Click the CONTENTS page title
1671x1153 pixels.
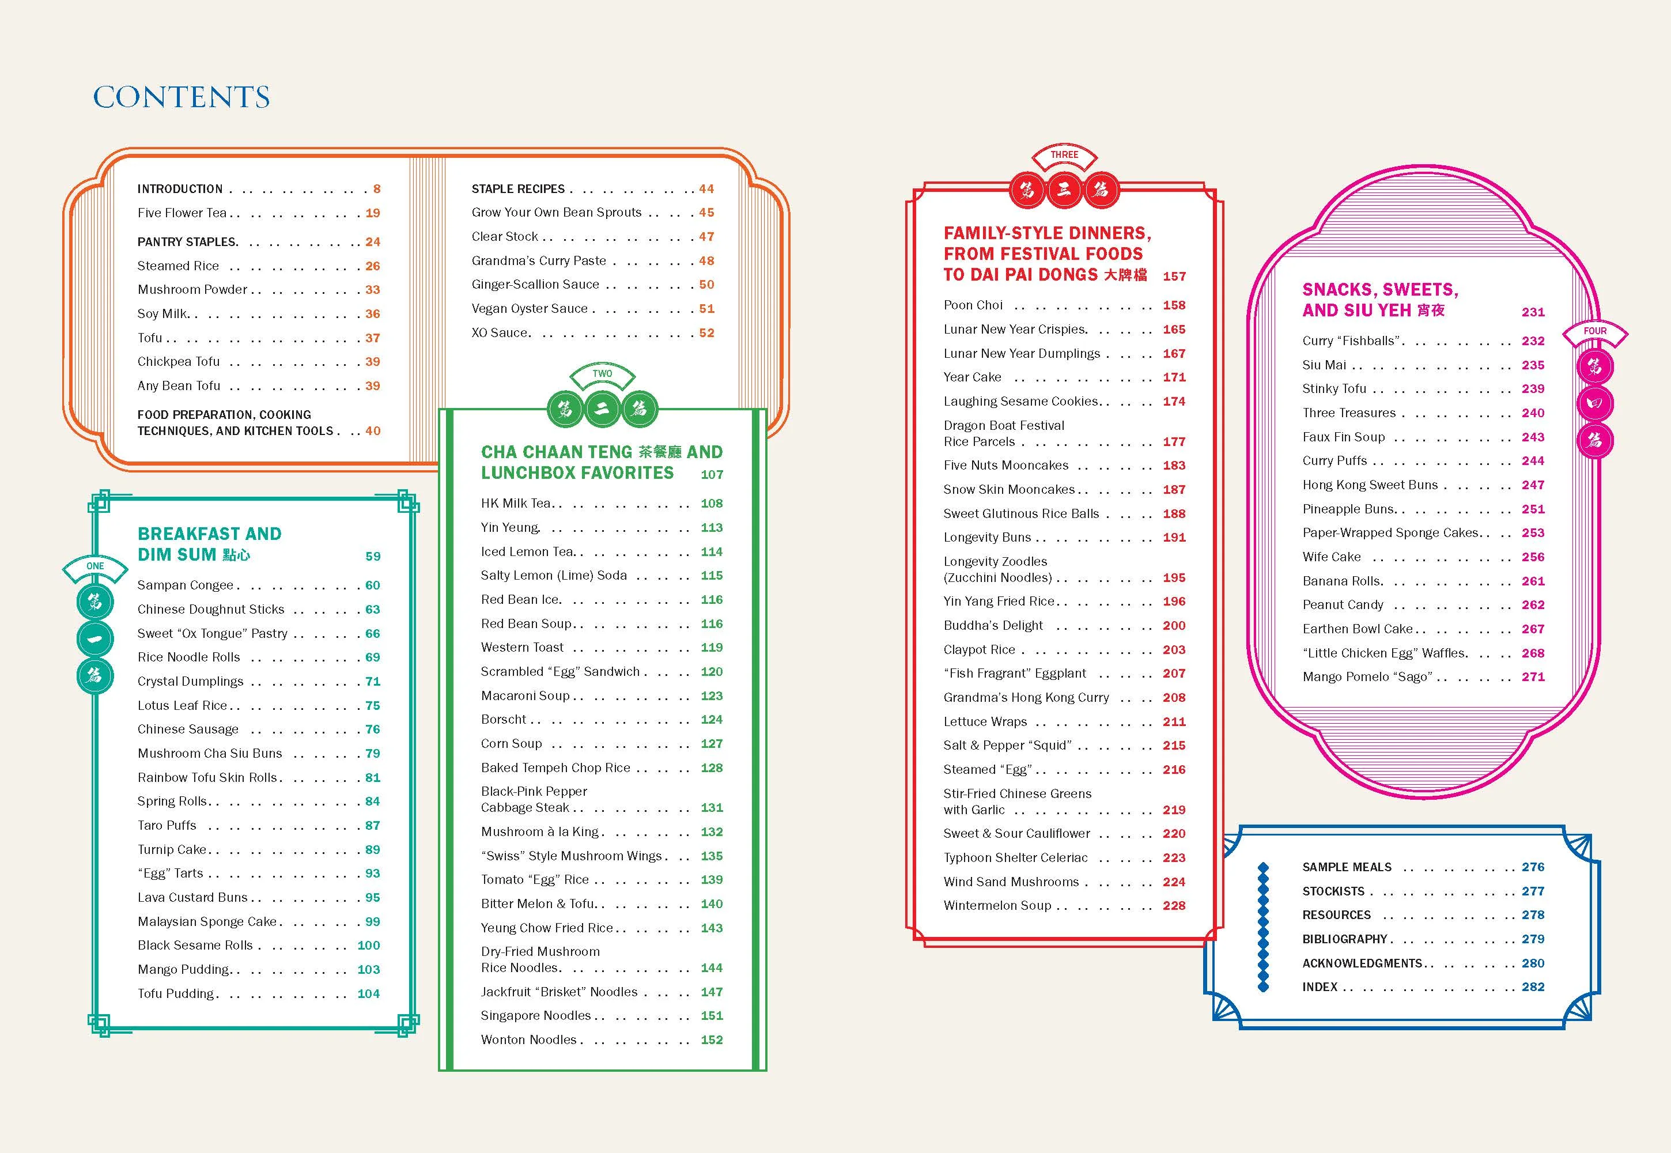coord(182,97)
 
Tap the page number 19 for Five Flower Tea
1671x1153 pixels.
coord(373,213)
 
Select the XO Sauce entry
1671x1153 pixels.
coord(500,333)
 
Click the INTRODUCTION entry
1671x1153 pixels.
coord(180,189)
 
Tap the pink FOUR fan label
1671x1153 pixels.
coord(1594,331)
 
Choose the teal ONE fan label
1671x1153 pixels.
coord(94,566)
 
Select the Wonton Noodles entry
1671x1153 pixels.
coord(529,1039)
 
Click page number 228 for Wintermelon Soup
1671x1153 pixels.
coord(1174,906)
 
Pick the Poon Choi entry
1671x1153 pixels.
coord(973,305)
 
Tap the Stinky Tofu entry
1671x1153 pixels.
coord(1334,389)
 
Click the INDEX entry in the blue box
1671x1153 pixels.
coord(1320,987)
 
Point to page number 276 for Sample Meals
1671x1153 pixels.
coord(1532,867)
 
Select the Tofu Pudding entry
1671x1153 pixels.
coord(176,994)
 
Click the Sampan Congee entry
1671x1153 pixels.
coord(186,585)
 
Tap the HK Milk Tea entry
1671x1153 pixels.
coord(516,504)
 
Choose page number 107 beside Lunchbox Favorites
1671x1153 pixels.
coord(712,475)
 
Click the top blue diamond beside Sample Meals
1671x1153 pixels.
coord(1263,868)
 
